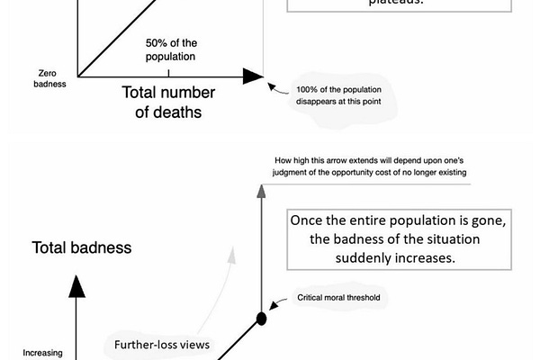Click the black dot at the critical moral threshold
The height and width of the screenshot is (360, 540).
pyautogui.click(x=262, y=318)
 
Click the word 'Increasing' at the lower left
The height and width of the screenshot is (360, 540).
pyautogui.click(x=42, y=353)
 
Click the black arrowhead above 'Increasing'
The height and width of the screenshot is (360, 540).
pyautogui.click(x=76, y=286)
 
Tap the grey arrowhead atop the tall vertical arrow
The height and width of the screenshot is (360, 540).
pyautogui.click(x=262, y=190)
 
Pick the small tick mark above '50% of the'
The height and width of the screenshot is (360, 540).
pyautogui.click(x=168, y=71)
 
